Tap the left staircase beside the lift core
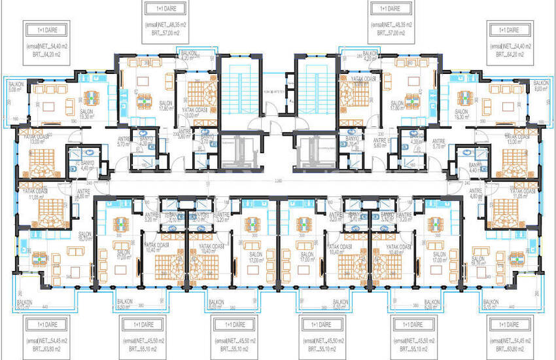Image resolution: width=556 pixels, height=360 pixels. click(240, 92)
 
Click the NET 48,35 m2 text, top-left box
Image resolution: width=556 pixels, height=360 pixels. click(166, 25)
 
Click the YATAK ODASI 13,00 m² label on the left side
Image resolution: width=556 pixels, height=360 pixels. click(33, 139)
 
